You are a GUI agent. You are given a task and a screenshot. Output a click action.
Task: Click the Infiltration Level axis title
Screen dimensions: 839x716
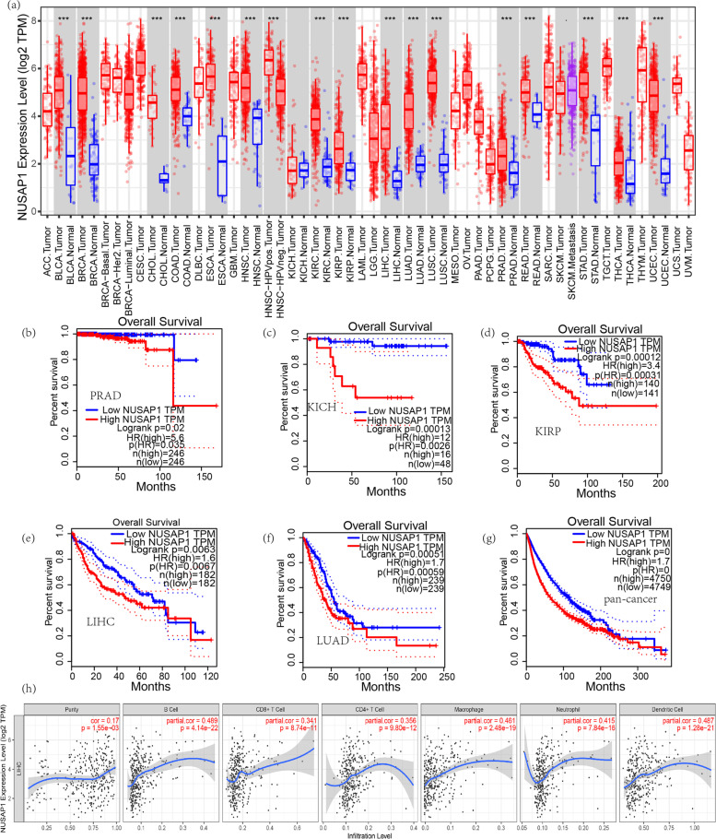[x=367, y=833]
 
